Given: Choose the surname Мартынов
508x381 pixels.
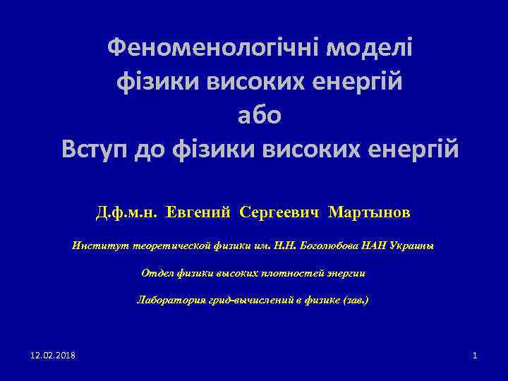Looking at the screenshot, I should [x=369, y=212].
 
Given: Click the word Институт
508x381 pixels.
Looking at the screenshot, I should [x=93, y=246].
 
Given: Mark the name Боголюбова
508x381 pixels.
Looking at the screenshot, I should [x=329, y=246].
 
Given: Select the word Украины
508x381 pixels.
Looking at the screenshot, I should [x=413, y=246].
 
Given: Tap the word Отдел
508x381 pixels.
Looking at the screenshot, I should [x=155, y=272].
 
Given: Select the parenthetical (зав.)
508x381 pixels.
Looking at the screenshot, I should [x=354, y=300].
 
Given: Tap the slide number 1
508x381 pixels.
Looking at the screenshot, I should [x=475, y=354].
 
